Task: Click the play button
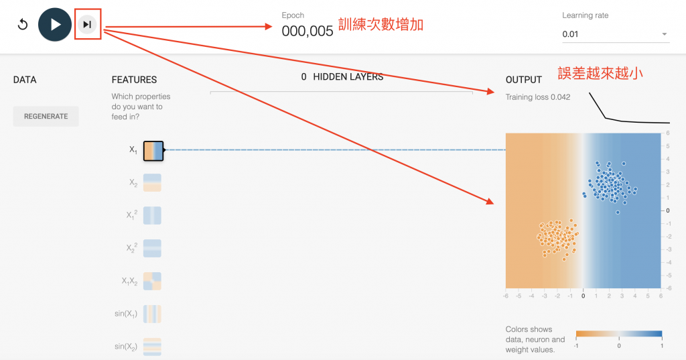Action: click(x=55, y=25)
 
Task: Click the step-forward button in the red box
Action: click(x=87, y=25)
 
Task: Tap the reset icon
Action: click(x=23, y=25)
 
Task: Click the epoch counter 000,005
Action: click(x=307, y=30)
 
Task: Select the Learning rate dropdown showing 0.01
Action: click(x=616, y=34)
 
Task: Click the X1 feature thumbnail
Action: click(x=153, y=151)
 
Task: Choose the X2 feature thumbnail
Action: click(x=153, y=183)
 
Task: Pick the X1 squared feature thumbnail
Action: click(x=153, y=215)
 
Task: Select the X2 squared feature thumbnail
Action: click(x=153, y=248)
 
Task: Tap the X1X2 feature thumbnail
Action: click(x=153, y=281)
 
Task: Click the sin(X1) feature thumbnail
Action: click(x=153, y=314)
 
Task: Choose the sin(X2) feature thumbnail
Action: click(x=153, y=346)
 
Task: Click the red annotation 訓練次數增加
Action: click(x=381, y=25)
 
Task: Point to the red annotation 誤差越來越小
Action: click(x=600, y=73)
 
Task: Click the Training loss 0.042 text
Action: click(x=538, y=97)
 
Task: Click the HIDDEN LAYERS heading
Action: click(x=342, y=77)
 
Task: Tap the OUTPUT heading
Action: click(x=523, y=80)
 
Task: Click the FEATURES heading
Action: click(x=134, y=80)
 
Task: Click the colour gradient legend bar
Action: click(x=619, y=334)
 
